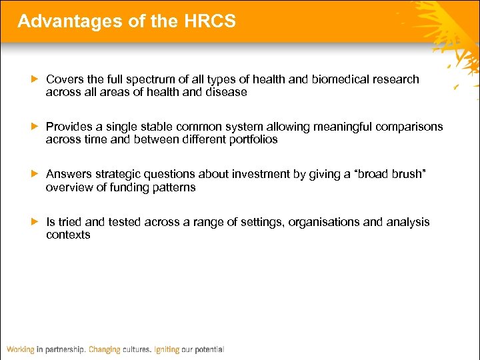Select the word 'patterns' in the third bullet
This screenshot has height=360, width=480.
tap(174, 187)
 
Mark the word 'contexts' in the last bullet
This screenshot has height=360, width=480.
tap(68, 235)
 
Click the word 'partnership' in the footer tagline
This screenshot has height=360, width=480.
tap(64, 349)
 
